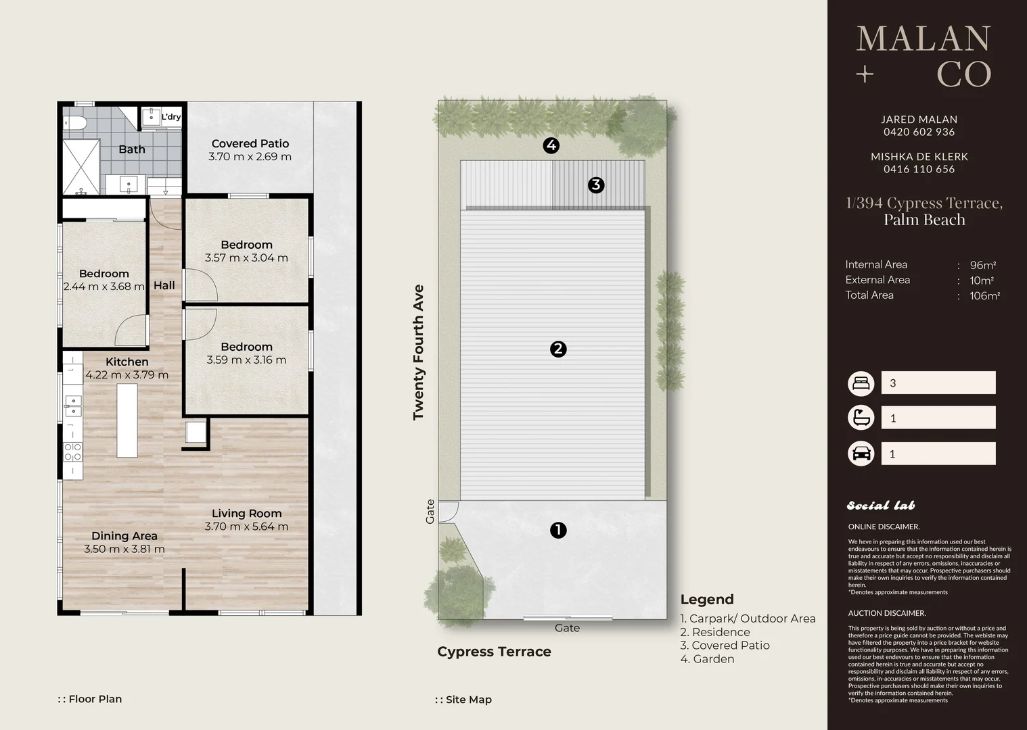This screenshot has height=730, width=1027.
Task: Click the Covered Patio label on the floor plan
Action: [250, 144]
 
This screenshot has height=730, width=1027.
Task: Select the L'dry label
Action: [171, 117]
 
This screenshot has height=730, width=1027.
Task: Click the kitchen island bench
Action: [127, 420]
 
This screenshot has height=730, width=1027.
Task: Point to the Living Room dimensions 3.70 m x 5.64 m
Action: [246, 527]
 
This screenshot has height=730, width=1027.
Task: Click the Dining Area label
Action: [124, 536]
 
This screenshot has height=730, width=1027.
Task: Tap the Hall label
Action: [164, 286]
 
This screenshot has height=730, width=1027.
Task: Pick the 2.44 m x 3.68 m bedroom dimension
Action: [104, 287]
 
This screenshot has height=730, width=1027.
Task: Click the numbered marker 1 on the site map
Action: [558, 531]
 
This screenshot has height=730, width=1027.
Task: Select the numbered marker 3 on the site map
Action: [596, 185]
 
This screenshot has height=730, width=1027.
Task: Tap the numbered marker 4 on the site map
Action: [551, 145]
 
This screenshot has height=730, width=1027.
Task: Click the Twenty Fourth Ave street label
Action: [418, 352]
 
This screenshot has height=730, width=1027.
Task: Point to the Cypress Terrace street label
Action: [495, 652]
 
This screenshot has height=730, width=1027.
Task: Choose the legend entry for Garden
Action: [708, 659]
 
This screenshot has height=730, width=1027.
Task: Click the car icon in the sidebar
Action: [861, 454]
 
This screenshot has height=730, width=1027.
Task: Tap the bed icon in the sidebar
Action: [861, 383]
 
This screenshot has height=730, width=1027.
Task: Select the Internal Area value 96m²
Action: [982, 265]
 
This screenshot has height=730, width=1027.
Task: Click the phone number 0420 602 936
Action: [919, 132]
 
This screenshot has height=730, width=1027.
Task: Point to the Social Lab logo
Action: [881, 506]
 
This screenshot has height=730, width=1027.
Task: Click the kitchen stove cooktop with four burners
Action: [72, 451]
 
